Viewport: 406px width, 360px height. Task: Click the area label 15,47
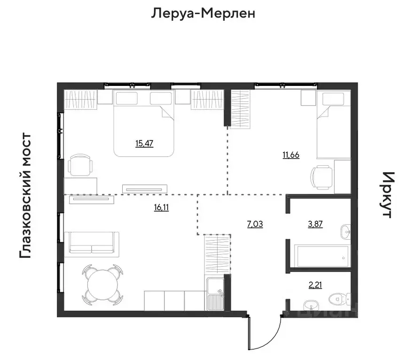[144, 144]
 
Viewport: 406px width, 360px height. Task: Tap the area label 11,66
[291, 155]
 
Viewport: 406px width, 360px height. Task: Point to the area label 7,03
[255, 224]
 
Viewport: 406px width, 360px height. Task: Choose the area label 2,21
[315, 284]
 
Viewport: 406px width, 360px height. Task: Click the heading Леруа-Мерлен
[203, 13]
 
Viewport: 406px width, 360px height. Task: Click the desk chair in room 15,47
[81, 165]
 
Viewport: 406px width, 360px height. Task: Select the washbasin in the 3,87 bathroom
[345, 230]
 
